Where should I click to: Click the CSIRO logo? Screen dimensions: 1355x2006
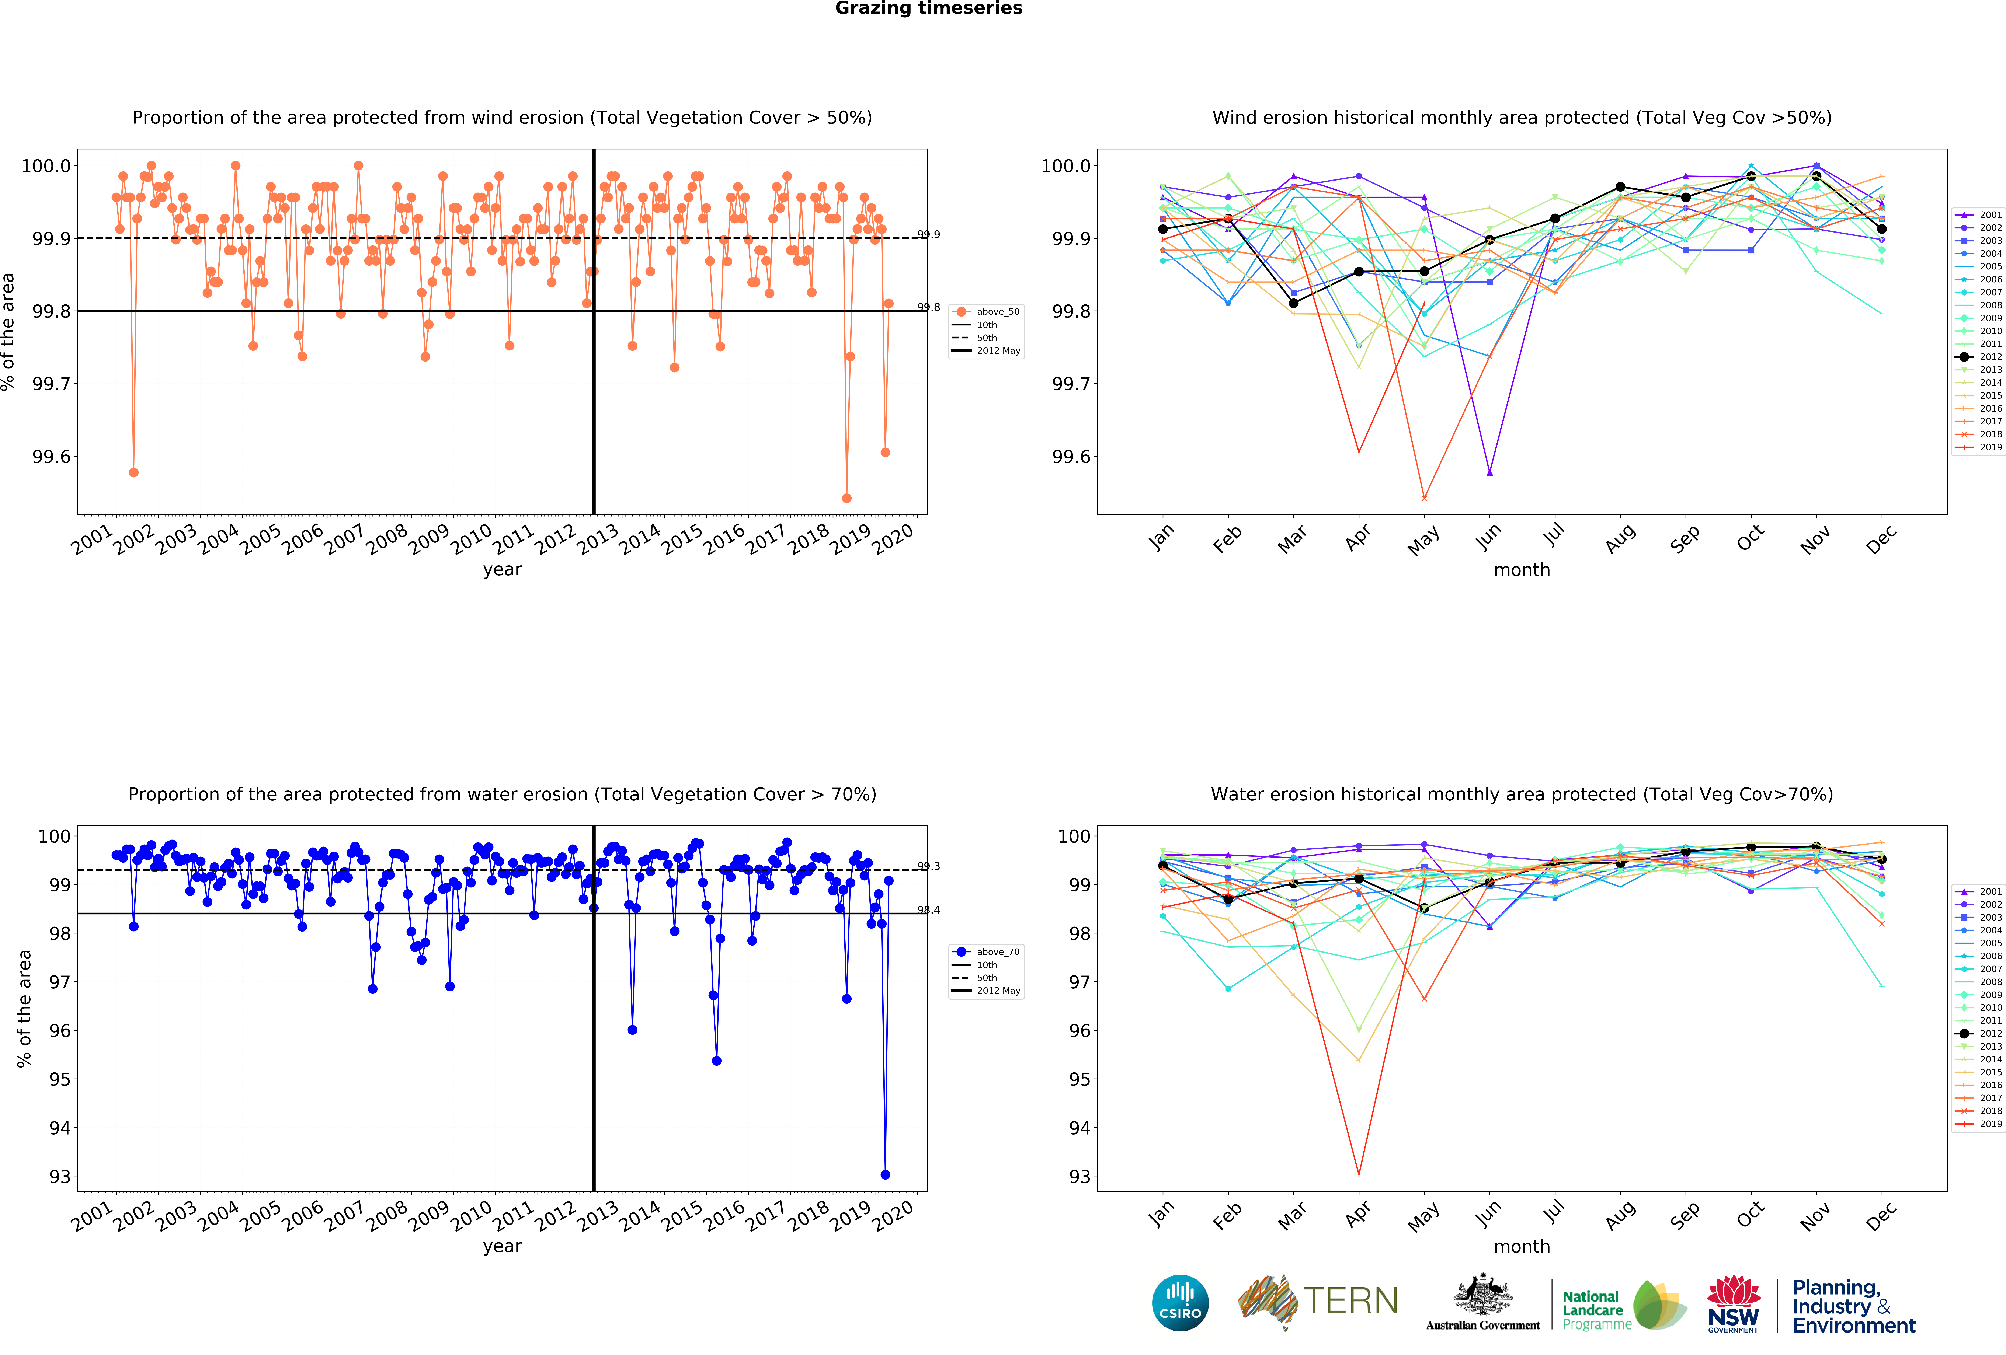[x=1180, y=1302]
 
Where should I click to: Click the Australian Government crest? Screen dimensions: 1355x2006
[x=1482, y=1295]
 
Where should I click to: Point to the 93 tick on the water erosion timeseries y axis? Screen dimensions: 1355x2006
[x=60, y=1176]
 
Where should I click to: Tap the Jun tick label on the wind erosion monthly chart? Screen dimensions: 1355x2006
[x=1488, y=537]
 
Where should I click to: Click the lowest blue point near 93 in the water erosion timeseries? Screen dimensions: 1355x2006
[x=885, y=1175]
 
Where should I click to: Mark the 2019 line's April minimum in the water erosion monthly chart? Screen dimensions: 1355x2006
[x=1359, y=1175]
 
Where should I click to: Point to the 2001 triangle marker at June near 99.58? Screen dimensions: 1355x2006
[x=1489, y=472]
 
